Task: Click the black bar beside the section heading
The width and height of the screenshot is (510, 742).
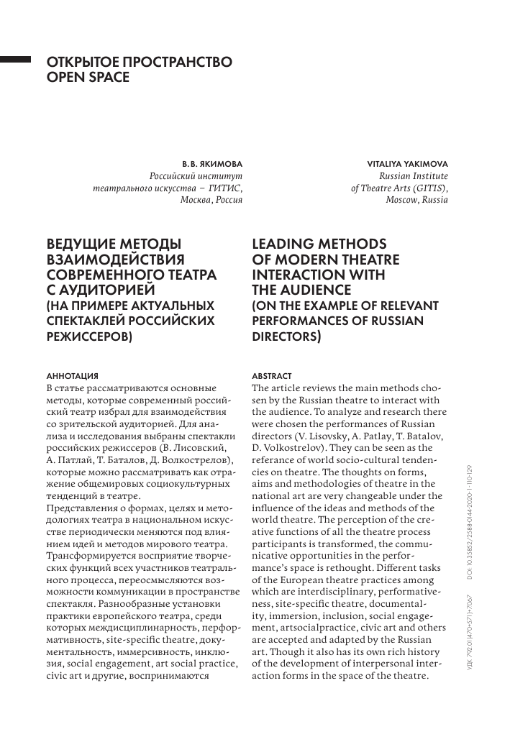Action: [x=14, y=61]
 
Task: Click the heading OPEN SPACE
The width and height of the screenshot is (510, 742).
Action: [x=88, y=77]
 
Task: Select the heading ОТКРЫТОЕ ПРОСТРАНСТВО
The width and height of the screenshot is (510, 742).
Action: [x=139, y=63]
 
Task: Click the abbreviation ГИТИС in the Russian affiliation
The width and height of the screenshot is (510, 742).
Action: [x=221, y=188]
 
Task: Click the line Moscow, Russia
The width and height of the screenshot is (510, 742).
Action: [x=416, y=200]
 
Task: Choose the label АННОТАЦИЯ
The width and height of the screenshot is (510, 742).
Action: [x=72, y=376]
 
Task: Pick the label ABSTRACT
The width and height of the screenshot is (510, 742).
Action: [x=273, y=376]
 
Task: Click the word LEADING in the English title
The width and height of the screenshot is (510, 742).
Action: [x=286, y=243]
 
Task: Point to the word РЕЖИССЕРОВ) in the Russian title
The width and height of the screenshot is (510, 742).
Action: [x=89, y=335]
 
